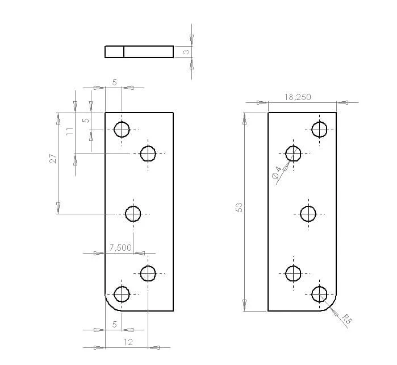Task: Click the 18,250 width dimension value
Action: point(298,97)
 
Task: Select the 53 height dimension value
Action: point(239,208)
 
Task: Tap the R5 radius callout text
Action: point(347,319)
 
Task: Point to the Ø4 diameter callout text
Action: point(277,172)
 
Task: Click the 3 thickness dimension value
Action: point(186,52)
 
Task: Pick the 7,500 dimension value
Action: point(120,248)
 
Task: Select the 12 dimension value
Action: point(128,342)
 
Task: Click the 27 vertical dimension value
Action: point(53,159)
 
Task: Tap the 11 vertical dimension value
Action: point(70,131)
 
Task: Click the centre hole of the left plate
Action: point(133,214)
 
